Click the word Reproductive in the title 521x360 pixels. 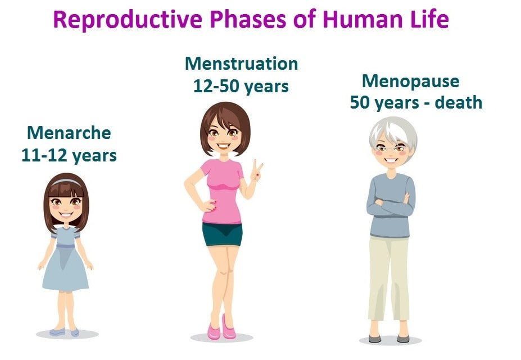point(128,20)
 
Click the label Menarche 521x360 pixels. point(69,133)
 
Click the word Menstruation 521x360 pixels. point(241,64)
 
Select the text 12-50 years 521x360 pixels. point(241,87)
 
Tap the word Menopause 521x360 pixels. point(411,82)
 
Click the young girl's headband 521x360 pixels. point(66,182)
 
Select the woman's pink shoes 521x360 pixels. point(221,328)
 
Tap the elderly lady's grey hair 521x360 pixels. point(393,133)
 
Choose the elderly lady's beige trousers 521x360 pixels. point(389,278)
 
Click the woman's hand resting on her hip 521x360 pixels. point(210,206)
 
